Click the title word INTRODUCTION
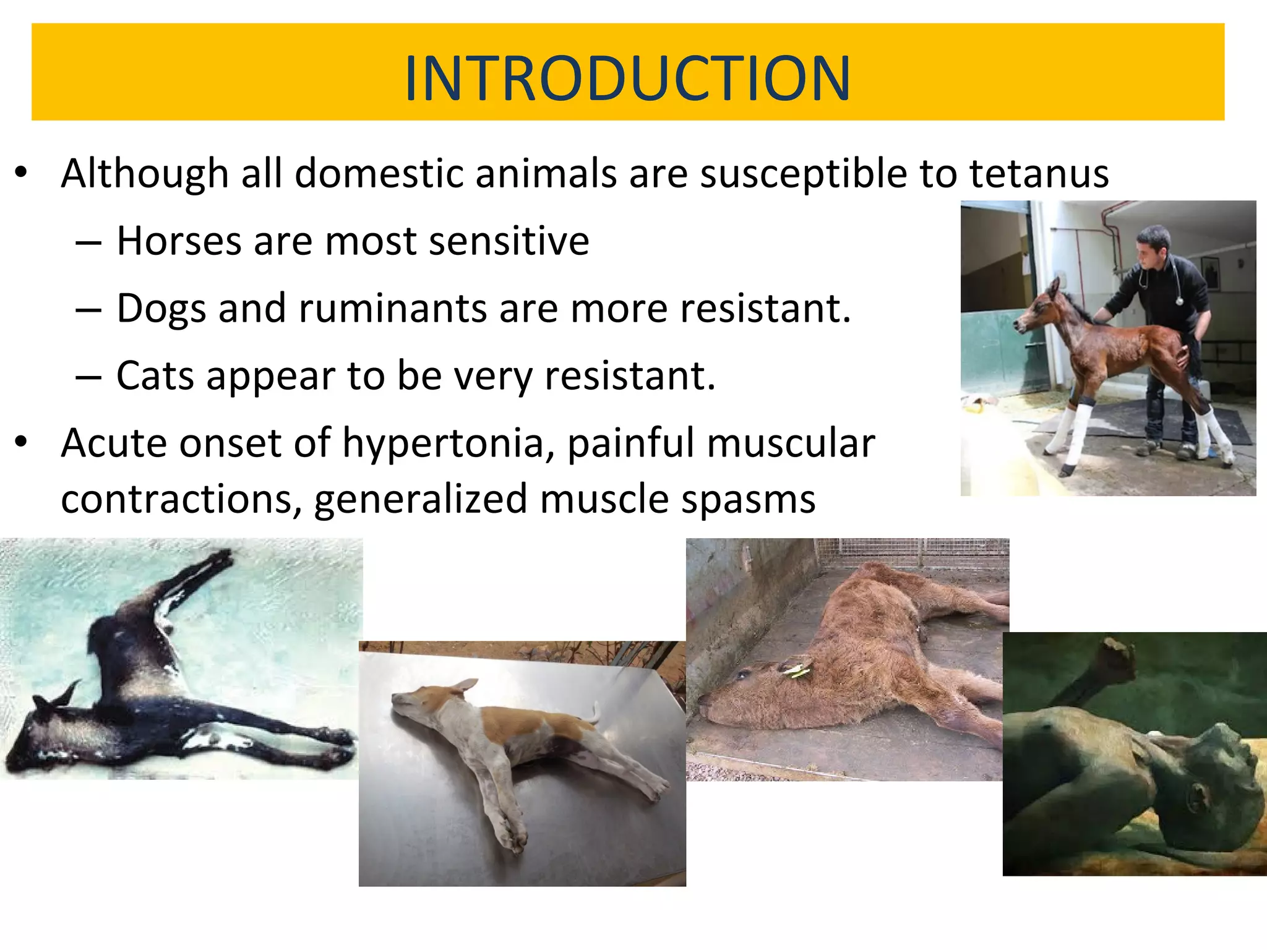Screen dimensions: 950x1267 pos(627,79)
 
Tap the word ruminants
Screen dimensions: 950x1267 pos(392,308)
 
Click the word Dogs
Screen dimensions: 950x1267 pos(161,309)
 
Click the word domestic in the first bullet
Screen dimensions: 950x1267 pos(379,173)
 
